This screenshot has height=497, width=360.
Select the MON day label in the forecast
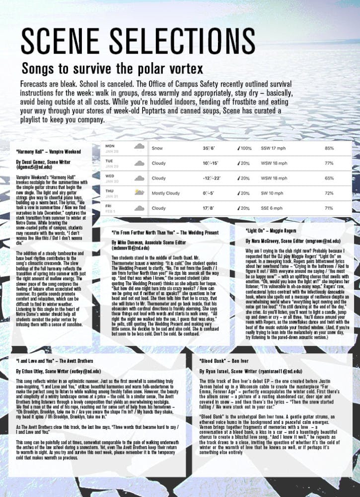tap(110, 146)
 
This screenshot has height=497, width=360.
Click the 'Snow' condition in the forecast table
tap(157, 148)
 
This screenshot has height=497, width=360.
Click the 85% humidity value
tap(329, 148)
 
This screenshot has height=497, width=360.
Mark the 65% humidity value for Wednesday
tap(329, 178)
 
